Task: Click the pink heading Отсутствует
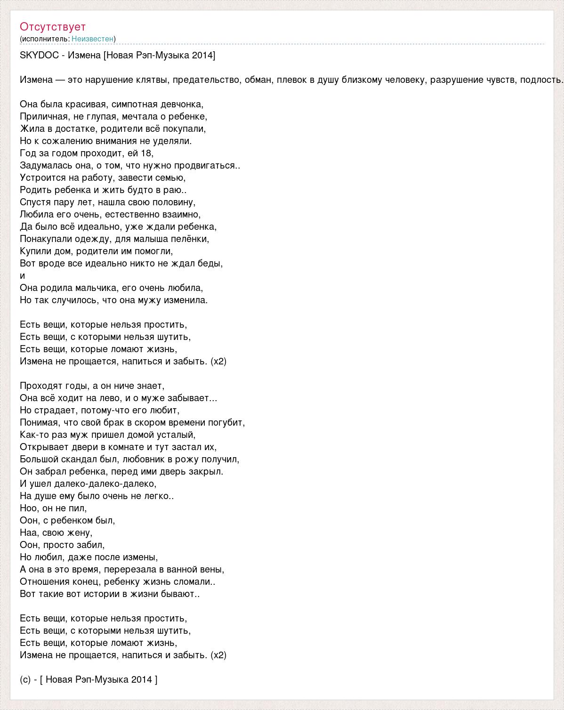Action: coord(53,26)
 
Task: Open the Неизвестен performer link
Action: coord(92,39)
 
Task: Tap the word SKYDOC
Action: coord(39,56)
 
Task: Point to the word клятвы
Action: coord(153,80)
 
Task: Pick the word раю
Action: coord(178,190)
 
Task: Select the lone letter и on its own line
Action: coord(22,275)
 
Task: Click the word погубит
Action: coord(228,422)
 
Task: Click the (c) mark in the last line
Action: coord(25,679)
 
